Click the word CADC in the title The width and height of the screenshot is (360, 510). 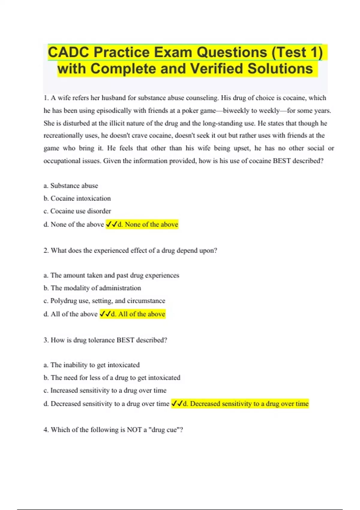(68, 52)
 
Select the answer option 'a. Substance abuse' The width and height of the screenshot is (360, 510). (71, 186)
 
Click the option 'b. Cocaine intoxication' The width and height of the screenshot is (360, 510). (77, 198)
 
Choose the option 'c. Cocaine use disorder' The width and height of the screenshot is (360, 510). (77, 211)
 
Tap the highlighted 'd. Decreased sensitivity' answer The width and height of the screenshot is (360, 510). (240, 404)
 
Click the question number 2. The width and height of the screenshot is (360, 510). (46, 250)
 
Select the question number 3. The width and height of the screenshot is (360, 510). (46, 340)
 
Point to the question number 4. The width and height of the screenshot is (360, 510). (46, 430)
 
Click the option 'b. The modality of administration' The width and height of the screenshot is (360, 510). (92, 288)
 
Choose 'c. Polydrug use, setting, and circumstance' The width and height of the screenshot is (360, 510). (104, 301)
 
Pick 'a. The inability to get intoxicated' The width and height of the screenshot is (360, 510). (91, 365)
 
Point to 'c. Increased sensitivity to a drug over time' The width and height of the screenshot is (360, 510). (105, 391)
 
